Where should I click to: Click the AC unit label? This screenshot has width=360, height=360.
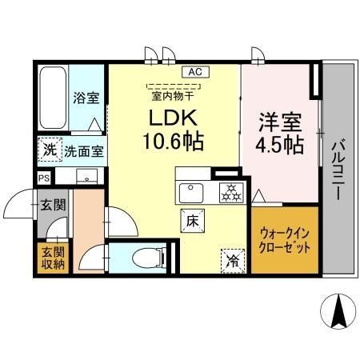[x=194, y=71]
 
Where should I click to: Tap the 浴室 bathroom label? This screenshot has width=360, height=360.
[x=86, y=98]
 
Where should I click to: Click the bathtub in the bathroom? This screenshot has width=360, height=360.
[x=54, y=99]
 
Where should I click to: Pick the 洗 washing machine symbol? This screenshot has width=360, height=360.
[x=50, y=150]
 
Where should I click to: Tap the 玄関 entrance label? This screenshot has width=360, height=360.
[x=54, y=204]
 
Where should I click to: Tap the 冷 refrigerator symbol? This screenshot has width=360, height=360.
[x=231, y=258]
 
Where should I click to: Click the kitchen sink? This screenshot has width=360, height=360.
[x=193, y=192]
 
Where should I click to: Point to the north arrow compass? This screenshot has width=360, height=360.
[x=338, y=310]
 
